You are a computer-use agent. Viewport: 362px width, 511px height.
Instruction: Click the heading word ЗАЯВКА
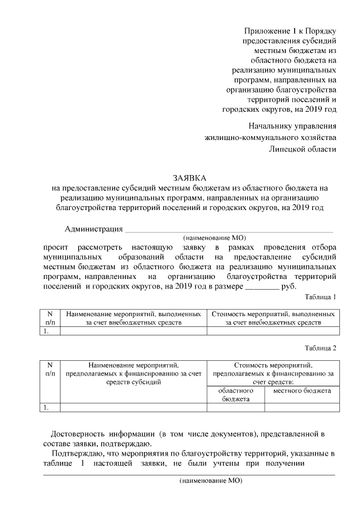point(190,177)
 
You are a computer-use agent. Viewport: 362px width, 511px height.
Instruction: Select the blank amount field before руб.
point(261,287)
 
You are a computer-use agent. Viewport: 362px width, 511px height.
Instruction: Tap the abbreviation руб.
point(288,286)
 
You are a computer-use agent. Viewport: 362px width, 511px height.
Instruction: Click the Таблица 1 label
point(320,297)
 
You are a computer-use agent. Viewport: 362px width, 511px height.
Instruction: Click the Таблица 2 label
point(320,348)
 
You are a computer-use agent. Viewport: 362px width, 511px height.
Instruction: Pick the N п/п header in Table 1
point(50,318)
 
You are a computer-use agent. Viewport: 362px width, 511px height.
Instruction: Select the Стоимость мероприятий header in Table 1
point(273,318)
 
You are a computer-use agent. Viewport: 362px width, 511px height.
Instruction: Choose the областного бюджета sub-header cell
point(235,395)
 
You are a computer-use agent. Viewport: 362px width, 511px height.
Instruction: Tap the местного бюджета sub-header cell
point(301,391)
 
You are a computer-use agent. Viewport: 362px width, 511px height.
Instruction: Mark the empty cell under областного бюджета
point(235,407)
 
